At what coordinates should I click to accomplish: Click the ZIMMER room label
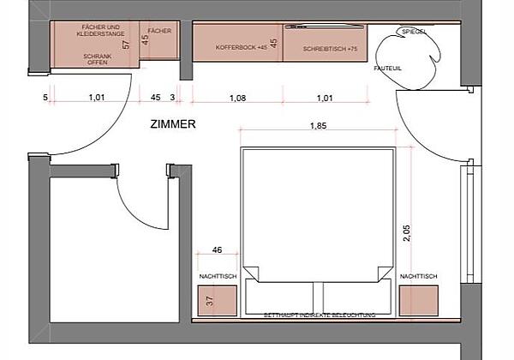click(173, 123)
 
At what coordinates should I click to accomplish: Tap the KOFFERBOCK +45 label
click(236, 49)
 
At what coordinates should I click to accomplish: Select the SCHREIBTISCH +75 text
click(329, 50)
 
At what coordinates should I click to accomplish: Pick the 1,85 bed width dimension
click(318, 127)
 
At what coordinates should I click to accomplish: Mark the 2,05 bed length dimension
click(406, 231)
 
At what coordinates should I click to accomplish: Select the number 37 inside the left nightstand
click(209, 301)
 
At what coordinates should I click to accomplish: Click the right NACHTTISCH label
click(419, 276)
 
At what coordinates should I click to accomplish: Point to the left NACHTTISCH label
click(217, 276)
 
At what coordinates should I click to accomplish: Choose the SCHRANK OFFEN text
click(96, 59)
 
